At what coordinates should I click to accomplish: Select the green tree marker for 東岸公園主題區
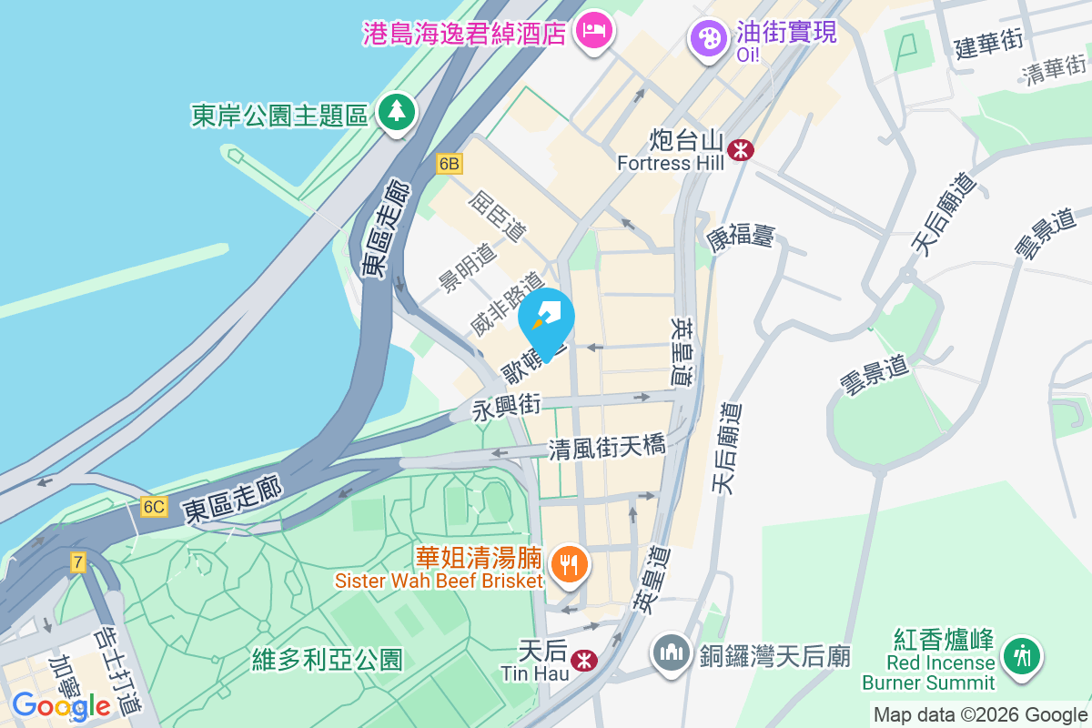click(397, 112)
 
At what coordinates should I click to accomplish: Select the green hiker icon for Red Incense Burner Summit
click(1022, 654)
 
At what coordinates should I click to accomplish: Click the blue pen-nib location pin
click(547, 319)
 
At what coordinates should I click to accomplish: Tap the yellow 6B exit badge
click(450, 164)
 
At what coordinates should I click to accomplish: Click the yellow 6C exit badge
click(154, 507)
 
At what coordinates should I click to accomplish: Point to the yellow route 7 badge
click(78, 562)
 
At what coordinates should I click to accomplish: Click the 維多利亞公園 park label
click(327, 659)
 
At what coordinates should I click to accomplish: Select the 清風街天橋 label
click(607, 448)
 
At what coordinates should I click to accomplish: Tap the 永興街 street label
click(506, 406)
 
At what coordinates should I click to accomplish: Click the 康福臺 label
click(740, 237)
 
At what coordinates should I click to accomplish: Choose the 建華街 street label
click(988, 43)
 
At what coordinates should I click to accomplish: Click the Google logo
click(61, 705)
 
